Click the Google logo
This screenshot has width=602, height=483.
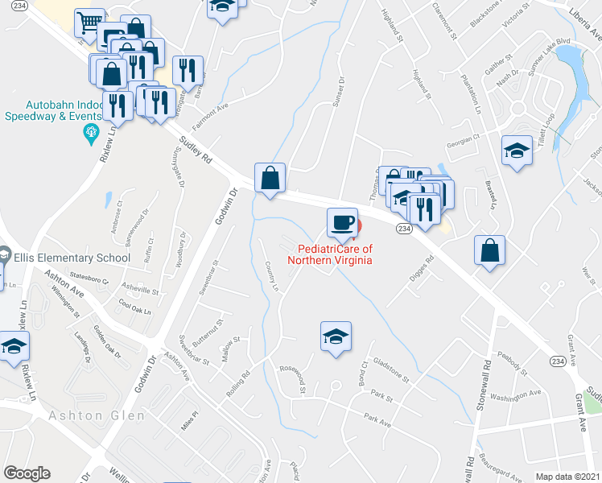[27, 473]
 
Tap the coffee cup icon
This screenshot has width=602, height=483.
[342, 222]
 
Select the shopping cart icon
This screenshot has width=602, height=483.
[89, 23]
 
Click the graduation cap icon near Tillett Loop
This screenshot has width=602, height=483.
[516, 151]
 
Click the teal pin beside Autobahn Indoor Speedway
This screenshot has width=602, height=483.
[92, 131]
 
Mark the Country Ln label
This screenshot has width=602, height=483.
[272, 276]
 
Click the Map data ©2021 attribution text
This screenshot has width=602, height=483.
[568, 476]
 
